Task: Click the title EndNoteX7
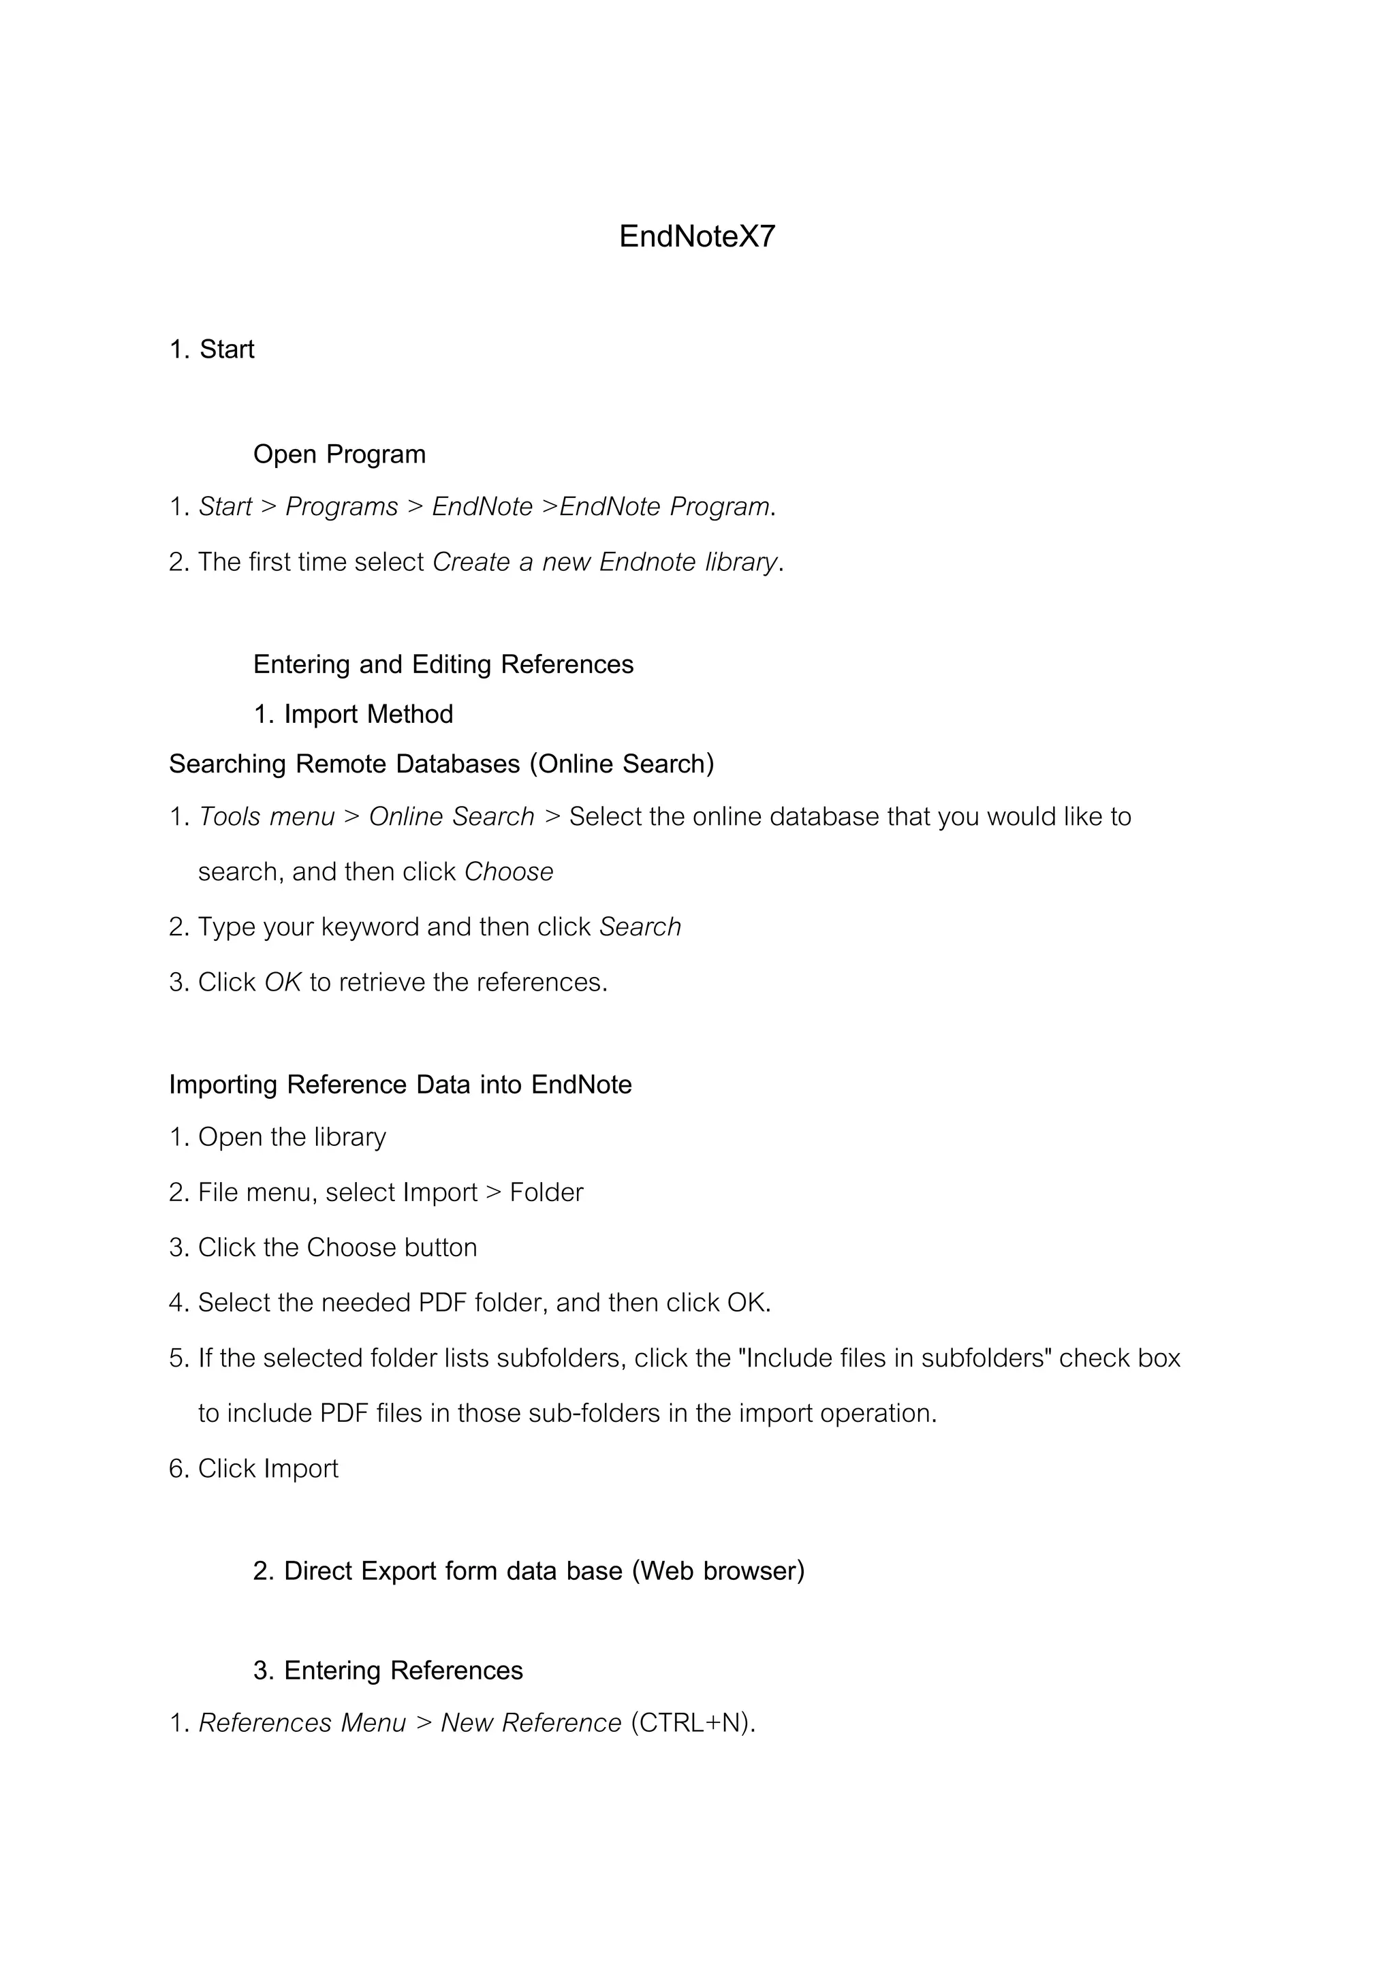pos(697,236)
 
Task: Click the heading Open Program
pos(339,454)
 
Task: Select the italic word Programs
pos(341,507)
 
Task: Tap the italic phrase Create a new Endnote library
pos(605,562)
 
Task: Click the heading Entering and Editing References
pos(443,664)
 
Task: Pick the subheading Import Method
pos(369,714)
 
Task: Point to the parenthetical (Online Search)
pos(621,764)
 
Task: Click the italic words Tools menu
pos(266,816)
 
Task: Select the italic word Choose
pos(509,872)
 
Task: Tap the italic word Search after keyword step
pos(640,927)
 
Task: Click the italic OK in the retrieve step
pos(283,982)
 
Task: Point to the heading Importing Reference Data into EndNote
pos(401,1085)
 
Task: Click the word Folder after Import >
pos(546,1193)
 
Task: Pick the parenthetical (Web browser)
pos(718,1571)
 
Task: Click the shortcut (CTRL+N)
pos(692,1723)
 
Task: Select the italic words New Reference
pos(531,1723)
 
